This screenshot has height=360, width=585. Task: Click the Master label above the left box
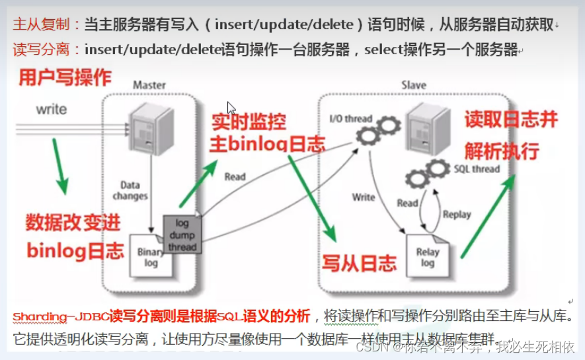pyautogui.click(x=149, y=85)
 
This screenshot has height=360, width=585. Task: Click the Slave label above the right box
pyautogui.click(x=414, y=85)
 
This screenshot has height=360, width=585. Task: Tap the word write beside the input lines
pyautogui.click(x=52, y=108)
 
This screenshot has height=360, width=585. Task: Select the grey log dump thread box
pyautogui.click(x=181, y=234)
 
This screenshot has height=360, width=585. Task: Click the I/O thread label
pyautogui.click(x=350, y=119)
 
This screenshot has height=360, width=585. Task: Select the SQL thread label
pyautogui.click(x=477, y=169)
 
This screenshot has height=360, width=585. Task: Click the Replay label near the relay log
pyautogui.click(x=456, y=215)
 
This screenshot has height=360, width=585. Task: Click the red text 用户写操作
pyautogui.click(x=65, y=78)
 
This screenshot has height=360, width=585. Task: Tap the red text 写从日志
pyautogui.click(x=359, y=262)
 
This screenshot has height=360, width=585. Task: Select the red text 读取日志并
pyautogui.click(x=510, y=120)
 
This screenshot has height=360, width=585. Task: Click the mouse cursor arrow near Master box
pyautogui.click(x=231, y=108)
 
